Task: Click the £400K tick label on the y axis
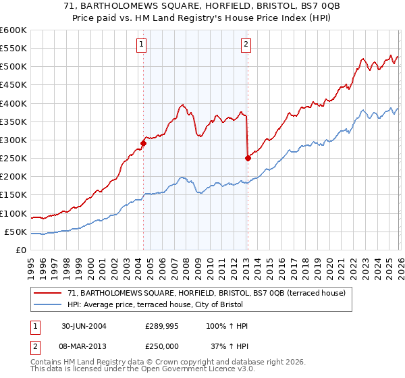point(13,103)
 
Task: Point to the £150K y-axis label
point(13,195)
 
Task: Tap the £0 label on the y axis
point(22,250)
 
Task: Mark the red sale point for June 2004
point(144,143)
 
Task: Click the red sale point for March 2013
point(247,158)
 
